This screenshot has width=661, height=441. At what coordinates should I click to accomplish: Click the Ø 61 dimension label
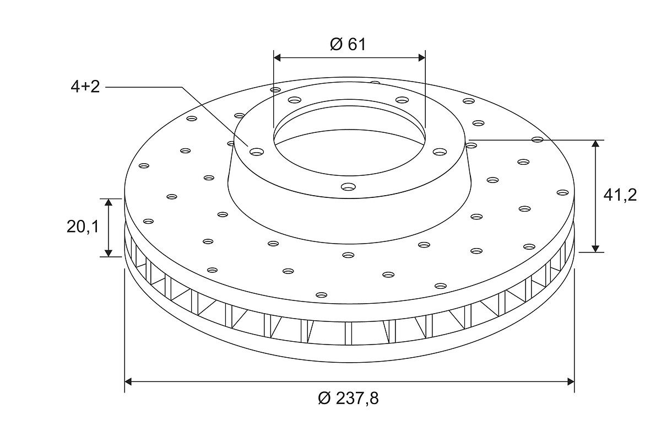pyautogui.click(x=348, y=44)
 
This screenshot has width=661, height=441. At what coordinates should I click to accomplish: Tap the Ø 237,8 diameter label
pyautogui.click(x=349, y=398)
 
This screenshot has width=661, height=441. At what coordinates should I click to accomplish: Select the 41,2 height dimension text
pyautogui.click(x=620, y=196)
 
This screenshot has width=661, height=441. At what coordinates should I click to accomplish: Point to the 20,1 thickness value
pyautogui.click(x=82, y=227)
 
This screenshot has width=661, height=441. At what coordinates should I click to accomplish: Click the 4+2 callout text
pyautogui.click(x=85, y=87)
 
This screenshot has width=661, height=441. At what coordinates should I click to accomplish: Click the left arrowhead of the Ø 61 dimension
pyautogui.click(x=277, y=57)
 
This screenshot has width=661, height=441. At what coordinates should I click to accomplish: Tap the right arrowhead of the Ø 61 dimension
pyautogui.click(x=422, y=57)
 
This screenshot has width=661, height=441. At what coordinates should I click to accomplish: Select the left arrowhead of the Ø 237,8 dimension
pyautogui.click(x=128, y=381)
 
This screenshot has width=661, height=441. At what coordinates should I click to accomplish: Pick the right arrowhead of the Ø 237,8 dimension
pyautogui.click(x=571, y=381)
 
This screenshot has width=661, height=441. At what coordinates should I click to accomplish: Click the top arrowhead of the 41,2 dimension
pyautogui.click(x=595, y=143)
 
